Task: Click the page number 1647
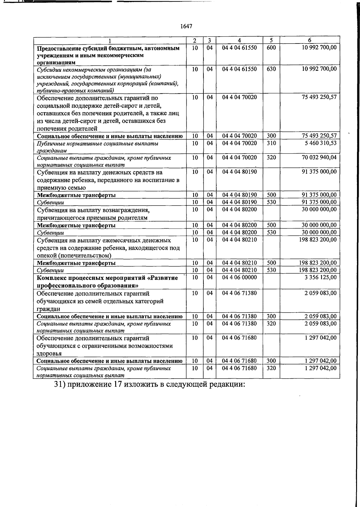pos(186,26)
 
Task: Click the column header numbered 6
pos(310,40)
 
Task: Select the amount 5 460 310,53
pos(321,143)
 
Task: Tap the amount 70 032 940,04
pos(319,157)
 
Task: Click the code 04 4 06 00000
pos(239,277)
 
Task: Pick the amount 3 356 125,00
pos(320,277)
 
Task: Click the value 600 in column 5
pos(271,48)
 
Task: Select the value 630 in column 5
pos(271,69)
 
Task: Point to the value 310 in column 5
pos(271,143)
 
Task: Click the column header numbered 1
pos(110,40)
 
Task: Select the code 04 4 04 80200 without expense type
pos(239,209)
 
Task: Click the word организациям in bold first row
pos(56,62)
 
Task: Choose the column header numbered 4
pos(239,40)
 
